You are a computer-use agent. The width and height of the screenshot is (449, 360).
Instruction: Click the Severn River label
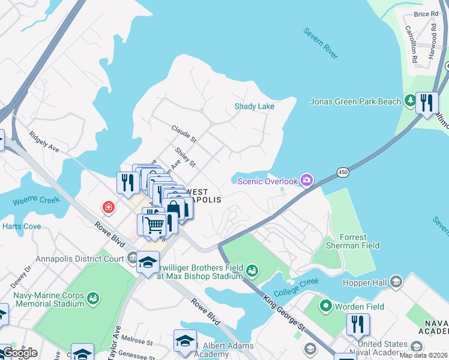point(321,43)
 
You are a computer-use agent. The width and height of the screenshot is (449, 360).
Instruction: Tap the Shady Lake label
point(254,107)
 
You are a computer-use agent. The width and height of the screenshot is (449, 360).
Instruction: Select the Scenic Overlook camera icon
point(307,180)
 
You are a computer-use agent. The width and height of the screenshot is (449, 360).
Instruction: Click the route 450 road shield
point(343,172)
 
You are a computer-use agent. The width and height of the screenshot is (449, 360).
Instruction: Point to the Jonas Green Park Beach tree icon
point(410,101)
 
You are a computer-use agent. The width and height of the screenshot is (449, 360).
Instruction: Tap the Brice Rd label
point(426,14)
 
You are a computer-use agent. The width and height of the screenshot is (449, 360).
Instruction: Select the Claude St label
point(184,134)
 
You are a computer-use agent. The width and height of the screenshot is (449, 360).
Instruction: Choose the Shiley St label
point(185,157)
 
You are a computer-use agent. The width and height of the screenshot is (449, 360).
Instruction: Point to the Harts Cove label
point(22,226)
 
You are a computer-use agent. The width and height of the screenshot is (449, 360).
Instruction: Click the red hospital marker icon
point(109,208)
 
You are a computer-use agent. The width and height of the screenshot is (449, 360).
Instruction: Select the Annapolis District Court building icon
point(131,259)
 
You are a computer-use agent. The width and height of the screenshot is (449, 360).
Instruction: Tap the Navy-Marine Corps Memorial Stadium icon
point(92,298)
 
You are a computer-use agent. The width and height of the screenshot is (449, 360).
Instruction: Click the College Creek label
point(296,287)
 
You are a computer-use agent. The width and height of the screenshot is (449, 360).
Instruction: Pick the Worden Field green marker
point(326,307)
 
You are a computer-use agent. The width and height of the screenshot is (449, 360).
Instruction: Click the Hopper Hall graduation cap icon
point(396,281)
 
